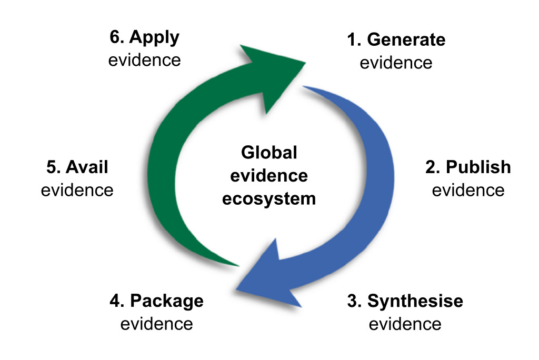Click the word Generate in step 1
click(x=406, y=39)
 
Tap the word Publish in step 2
click(x=478, y=167)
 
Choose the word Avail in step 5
click(x=87, y=167)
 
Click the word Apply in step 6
click(x=154, y=37)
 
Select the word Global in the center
click(x=269, y=153)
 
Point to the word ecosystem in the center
click(x=269, y=199)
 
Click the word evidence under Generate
click(x=396, y=63)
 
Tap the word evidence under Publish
click(x=468, y=190)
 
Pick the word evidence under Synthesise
click(x=405, y=323)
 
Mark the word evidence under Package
click(x=156, y=323)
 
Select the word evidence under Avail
click(x=77, y=189)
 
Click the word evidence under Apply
click(x=144, y=59)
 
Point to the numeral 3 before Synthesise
click(x=353, y=302)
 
